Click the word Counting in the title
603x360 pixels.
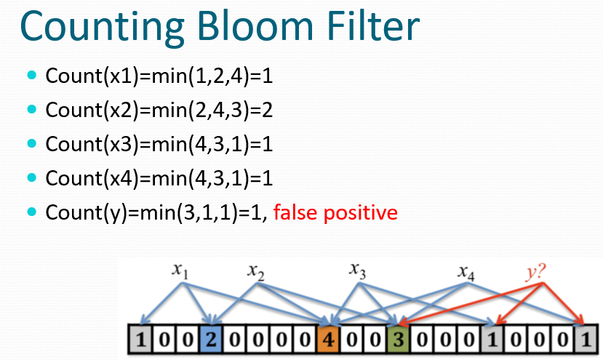(x=103, y=28)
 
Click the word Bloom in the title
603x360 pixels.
(x=255, y=25)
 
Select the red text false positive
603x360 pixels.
(x=335, y=212)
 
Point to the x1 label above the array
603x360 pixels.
(x=180, y=271)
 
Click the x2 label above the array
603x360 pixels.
(x=256, y=271)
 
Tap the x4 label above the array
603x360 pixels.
(x=466, y=272)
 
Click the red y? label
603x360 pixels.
(x=535, y=272)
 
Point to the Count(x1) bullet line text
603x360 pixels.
(x=159, y=76)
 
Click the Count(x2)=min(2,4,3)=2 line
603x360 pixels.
(x=159, y=110)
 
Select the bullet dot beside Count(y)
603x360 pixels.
(x=32, y=212)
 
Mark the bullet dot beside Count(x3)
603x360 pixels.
(x=32, y=143)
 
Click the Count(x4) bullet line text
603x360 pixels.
(x=159, y=178)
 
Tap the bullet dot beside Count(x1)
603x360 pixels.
(x=32, y=75)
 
